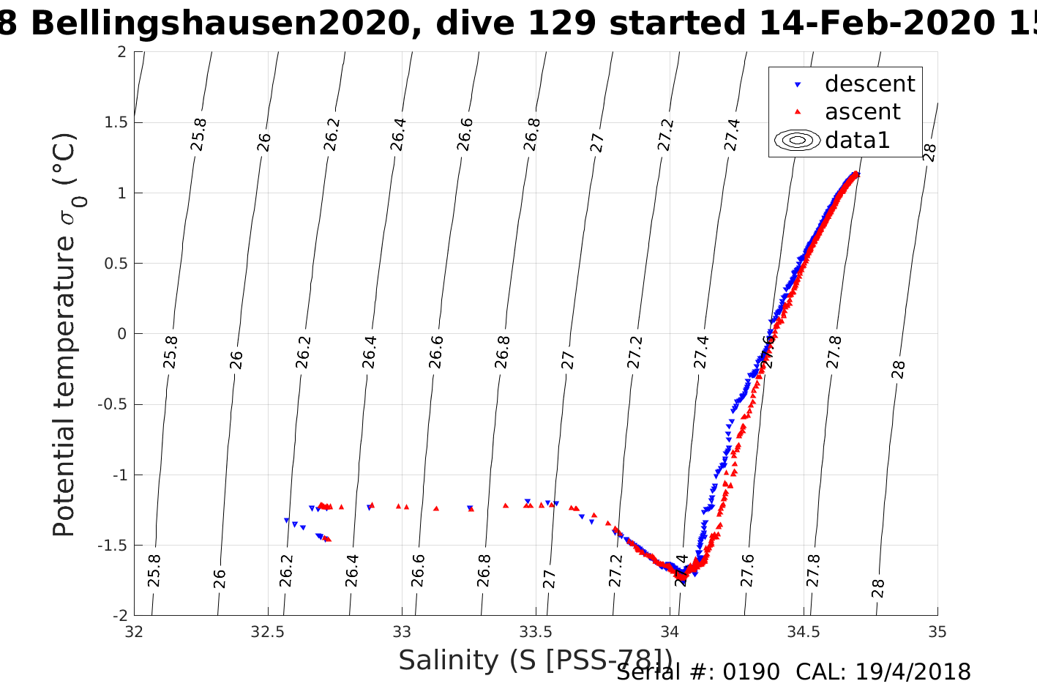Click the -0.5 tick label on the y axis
pos(111,404)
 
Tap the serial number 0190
pos(752,672)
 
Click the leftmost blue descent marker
pos(287,521)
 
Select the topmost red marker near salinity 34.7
pos(856,174)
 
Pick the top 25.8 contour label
pos(198,134)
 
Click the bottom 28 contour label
pos(878,588)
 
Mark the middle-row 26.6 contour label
pos(435,352)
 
